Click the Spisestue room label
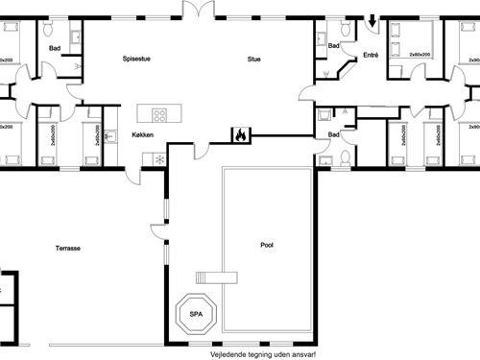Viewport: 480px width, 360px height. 135,59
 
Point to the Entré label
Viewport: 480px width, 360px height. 371,56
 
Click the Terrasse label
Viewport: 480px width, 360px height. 67,249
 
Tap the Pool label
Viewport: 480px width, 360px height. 267,245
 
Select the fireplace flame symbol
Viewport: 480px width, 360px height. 240,135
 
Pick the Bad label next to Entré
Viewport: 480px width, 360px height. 334,46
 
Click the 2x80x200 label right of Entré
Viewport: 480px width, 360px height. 420,56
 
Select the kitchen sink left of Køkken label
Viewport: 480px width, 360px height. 108,135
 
